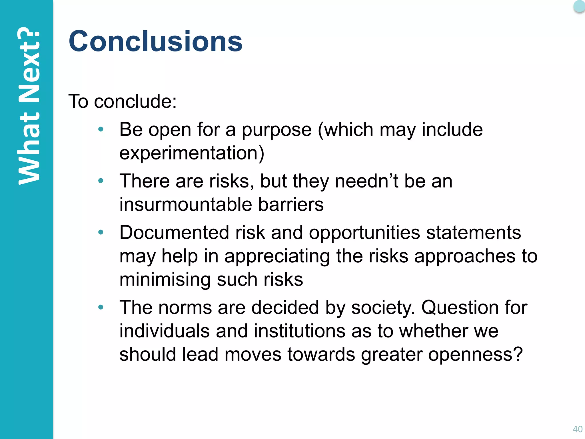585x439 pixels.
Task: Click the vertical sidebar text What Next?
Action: point(29,106)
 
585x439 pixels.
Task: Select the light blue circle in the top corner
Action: point(579,6)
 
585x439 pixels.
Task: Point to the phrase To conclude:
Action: point(123,101)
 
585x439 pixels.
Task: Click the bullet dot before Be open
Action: point(101,129)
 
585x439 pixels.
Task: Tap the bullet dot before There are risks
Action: point(101,181)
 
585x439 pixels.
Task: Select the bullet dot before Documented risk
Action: point(101,232)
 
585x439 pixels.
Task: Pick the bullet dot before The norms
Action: point(101,307)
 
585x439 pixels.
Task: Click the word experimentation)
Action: point(192,153)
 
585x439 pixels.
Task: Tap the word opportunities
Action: point(364,233)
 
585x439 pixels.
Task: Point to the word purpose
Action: point(277,130)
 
